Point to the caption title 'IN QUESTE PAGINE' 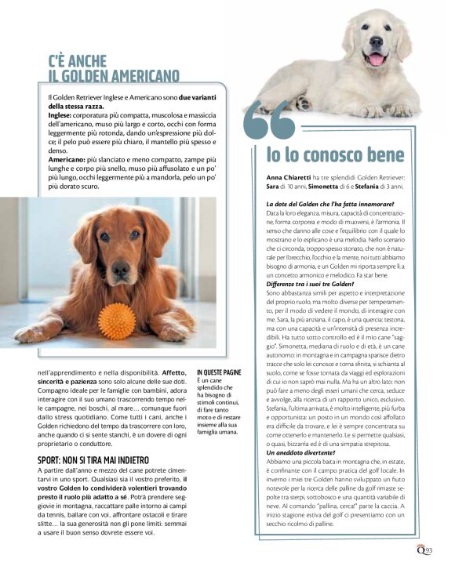(219, 372)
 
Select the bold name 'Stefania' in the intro (377, 187)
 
